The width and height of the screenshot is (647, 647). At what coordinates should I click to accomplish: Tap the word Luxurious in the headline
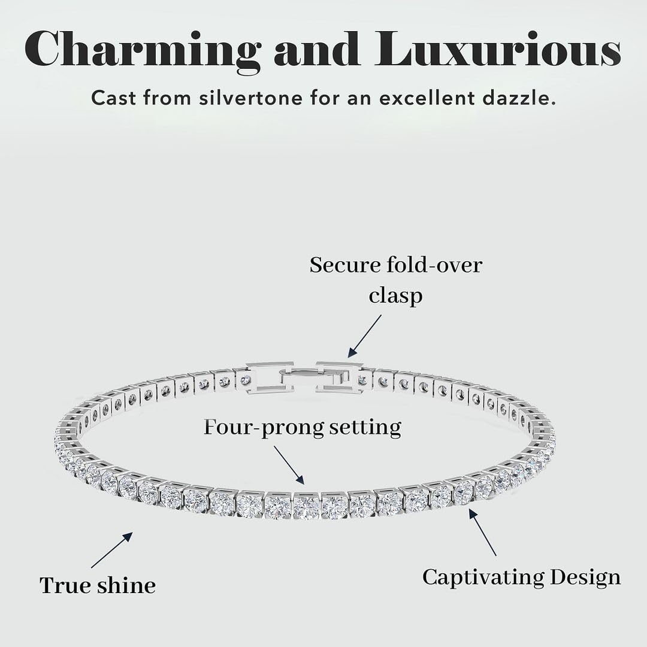(498, 49)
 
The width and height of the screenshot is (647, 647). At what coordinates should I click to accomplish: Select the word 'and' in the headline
(317, 49)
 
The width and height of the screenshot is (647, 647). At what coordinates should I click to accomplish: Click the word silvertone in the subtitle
(251, 98)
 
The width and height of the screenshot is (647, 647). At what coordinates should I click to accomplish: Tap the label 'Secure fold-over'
(396, 265)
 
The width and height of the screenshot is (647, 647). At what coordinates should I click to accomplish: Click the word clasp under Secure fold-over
(396, 297)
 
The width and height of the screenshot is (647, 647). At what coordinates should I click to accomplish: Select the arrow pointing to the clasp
(364, 336)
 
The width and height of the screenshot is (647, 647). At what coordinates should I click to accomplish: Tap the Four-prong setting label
(303, 427)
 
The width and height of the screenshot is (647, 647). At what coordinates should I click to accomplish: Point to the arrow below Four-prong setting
(289, 465)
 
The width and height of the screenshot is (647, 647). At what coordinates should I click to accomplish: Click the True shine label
(98, 585)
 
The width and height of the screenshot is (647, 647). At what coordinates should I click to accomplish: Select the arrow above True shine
(112, 550)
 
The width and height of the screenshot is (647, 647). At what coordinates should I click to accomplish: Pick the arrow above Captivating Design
(482, 532)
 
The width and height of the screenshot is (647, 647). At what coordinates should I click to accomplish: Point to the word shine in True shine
(126, 585)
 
